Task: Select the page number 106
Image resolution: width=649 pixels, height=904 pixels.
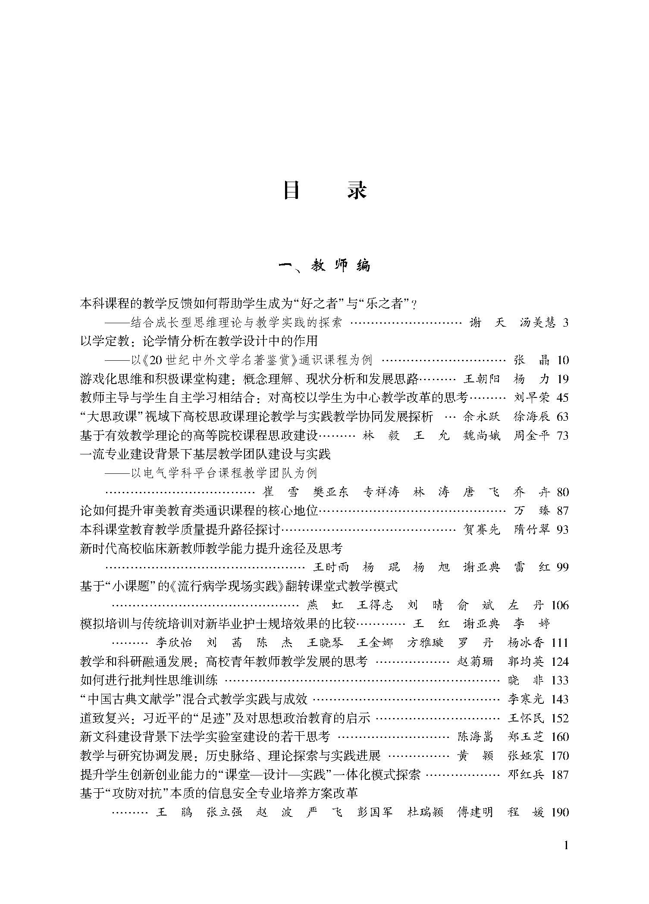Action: pos(560,605)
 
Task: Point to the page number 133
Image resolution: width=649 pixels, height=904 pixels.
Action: pos(560,680)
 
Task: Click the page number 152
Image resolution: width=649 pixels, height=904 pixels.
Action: pos(560,718)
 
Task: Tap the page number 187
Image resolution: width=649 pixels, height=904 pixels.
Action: pos(560,775)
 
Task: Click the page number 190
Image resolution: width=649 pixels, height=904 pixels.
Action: pos(560,813)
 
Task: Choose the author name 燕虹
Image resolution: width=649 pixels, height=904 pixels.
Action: pos(325,605)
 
